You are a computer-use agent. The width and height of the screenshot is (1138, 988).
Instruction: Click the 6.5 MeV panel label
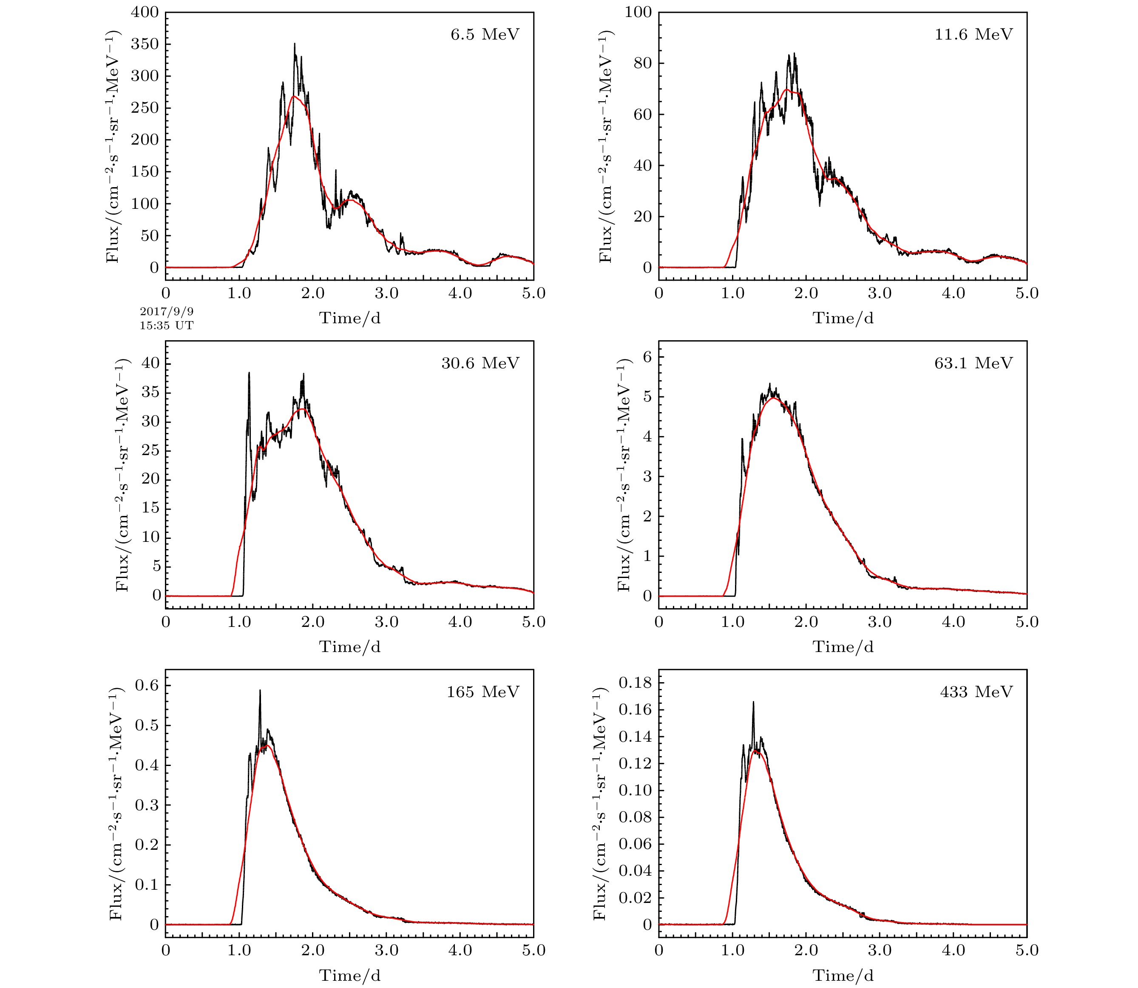(485, 35)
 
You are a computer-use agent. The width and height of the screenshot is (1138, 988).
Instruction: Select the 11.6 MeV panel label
(973, 35)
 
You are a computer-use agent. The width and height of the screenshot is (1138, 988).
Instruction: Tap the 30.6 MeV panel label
(480, 363)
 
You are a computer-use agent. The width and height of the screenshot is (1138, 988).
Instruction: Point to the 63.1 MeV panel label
(973, 363)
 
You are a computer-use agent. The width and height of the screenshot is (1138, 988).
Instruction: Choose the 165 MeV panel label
(483, 692)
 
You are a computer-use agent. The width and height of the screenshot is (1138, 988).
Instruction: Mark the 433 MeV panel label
(976, 692)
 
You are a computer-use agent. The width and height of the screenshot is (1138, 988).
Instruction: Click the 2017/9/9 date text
(167, 313)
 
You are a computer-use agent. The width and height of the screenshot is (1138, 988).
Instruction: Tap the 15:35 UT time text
(167, 326)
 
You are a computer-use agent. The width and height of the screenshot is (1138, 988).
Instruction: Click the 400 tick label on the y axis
(145, 12)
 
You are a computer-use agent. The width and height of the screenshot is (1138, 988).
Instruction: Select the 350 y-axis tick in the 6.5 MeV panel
(145, 44)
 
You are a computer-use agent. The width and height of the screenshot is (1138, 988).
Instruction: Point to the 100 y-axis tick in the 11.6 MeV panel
(638, 12)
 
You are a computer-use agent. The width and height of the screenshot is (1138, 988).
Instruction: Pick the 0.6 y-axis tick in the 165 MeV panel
(147, 685)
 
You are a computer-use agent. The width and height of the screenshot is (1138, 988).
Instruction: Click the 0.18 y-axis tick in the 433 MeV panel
(635, 683)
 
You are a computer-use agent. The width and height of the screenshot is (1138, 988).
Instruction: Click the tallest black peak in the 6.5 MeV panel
(294, 44)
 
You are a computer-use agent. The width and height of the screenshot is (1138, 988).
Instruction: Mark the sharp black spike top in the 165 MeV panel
(260, 690)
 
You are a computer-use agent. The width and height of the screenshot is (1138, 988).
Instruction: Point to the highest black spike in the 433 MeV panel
(753, 703)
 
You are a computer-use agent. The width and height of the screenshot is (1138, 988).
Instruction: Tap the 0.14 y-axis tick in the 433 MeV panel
(635, 737)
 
